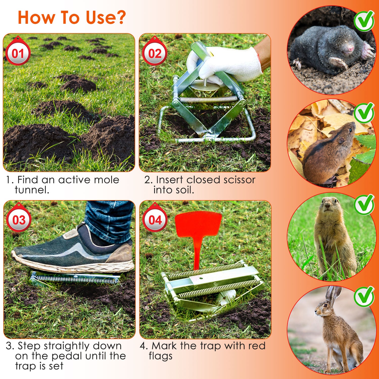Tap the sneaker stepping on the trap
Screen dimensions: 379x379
click(73, 250)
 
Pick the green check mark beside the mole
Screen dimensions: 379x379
click(364, 21)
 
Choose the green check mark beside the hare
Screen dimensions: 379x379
click(364, 296)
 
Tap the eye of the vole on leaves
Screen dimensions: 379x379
click(350, 130)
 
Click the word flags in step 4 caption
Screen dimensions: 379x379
click(161, 356)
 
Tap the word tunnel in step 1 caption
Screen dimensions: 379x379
click(32, 190)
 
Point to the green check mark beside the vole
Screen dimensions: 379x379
click(364, 113)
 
